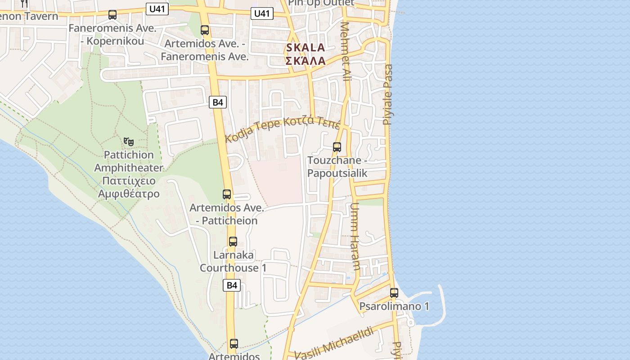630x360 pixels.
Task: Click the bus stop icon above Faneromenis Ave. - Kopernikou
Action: pyautogui.click(x=112, y=15)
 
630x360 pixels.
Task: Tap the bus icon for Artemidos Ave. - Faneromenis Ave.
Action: pyautogui.click(x=205, y=30)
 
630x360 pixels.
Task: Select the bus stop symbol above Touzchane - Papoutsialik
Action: pyautogui.click(x=337, y=147)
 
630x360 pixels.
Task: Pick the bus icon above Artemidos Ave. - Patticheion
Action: pyautogui.click(x=227, y=194)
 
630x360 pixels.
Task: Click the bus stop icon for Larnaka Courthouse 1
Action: pyautogui.click(x=233, y=241)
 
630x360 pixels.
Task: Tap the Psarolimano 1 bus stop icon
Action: pyautogui.click(x=394, y=292)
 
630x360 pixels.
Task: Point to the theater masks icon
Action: pyautogui.click(x=129, y=142)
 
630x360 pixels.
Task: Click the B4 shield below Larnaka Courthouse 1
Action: pyautogui.click(x=232, y=285)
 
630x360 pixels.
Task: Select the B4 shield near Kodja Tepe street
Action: pyautogui.click(x=218, y=102)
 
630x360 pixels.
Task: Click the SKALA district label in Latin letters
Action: pyautogui.click(x=306, y=48)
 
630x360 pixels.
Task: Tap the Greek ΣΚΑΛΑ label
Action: pyautogui.click(x=306, y=61)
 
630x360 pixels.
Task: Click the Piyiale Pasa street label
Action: pyautogui.click(x=388, y=94)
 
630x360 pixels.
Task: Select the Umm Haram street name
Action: pyautogui.click(x=355, y=236)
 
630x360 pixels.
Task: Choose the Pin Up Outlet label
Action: pyautogui.click(x=321, y=3)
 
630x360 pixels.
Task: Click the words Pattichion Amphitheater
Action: pyautogui.click(x=129, y=161)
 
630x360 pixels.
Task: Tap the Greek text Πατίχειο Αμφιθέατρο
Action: pyautogui.click(x=129, y=187)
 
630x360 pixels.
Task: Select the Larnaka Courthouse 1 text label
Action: pyautogui.click(x=233, y=261)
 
